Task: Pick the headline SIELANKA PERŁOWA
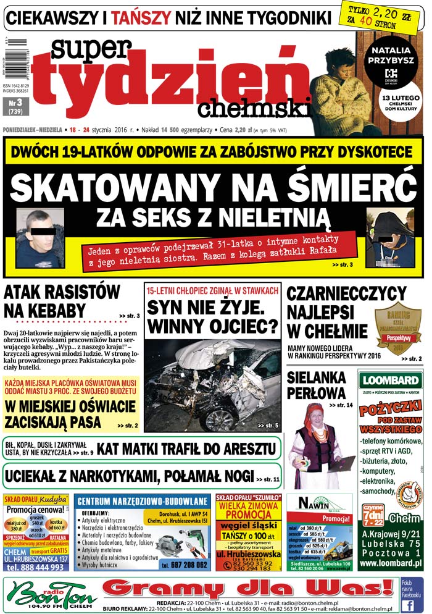coord(317,385)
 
